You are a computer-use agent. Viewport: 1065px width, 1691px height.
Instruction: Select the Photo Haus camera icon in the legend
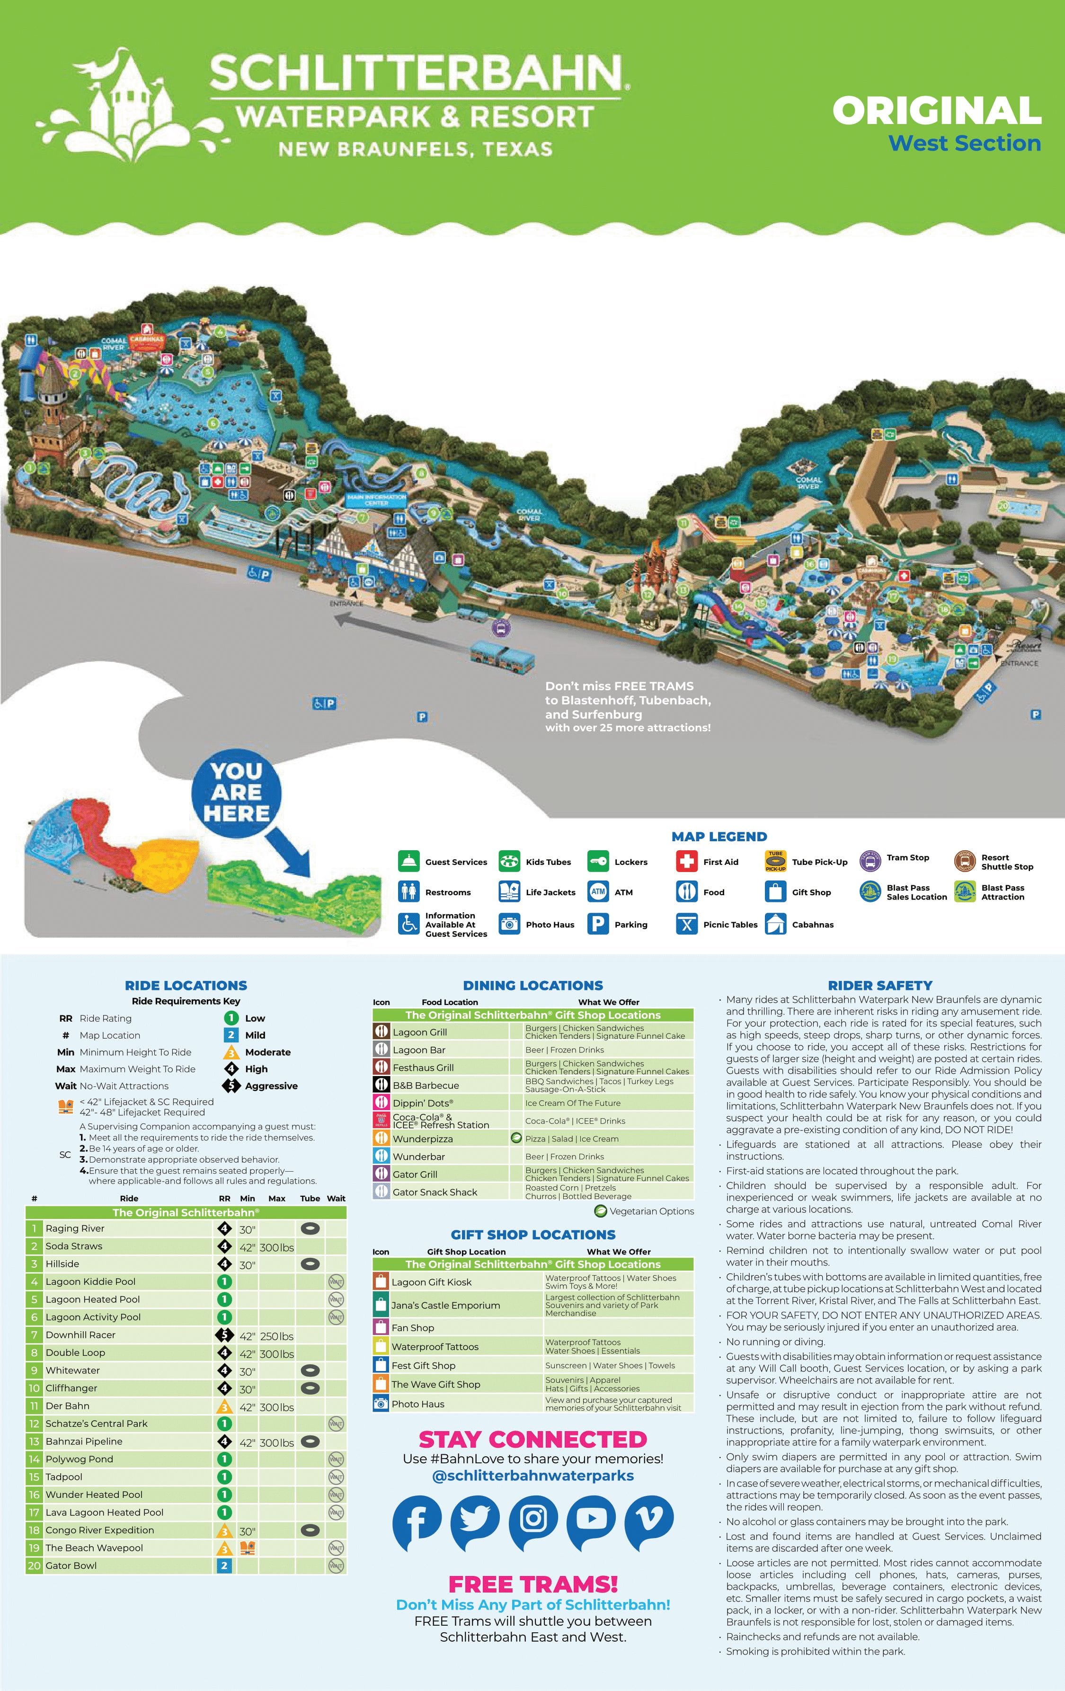tap(509, 924)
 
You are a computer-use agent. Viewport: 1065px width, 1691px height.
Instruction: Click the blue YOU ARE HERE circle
tap(237, 792)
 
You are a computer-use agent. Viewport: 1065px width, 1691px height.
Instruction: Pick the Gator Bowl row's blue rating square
tap(224, 1565)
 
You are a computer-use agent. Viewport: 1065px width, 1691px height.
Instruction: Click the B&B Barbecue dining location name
tap(426, 1086)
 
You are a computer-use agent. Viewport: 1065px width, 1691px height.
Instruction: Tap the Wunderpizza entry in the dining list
tap(423, 1139)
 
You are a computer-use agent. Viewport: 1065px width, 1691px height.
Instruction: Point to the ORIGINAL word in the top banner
tap(937, 111)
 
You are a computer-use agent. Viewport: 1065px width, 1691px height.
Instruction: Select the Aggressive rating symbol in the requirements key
tap(231, 1086)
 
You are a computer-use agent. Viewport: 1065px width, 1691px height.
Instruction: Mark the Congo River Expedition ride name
tap(100, 1530)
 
